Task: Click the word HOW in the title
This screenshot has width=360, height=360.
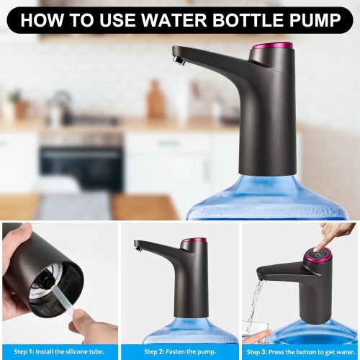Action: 42,20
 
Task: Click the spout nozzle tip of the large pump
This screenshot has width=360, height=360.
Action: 179,61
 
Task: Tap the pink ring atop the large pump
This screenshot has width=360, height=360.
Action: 272,45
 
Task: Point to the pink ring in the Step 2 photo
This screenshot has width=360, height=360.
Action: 193,240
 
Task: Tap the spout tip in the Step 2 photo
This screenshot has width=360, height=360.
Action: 138,249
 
